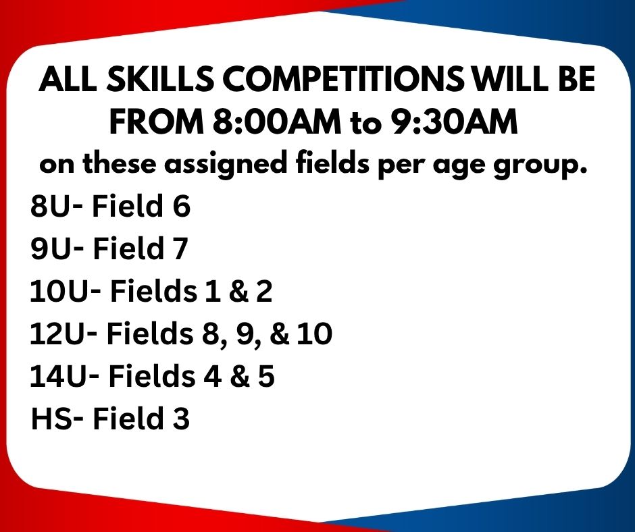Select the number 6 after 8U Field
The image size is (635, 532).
coord(182,206)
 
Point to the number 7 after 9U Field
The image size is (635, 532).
coord(180,248)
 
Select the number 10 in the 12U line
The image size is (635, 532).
coord(315,334)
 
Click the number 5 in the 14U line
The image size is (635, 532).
coord(266,377)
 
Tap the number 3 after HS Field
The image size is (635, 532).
coord(181,419)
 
